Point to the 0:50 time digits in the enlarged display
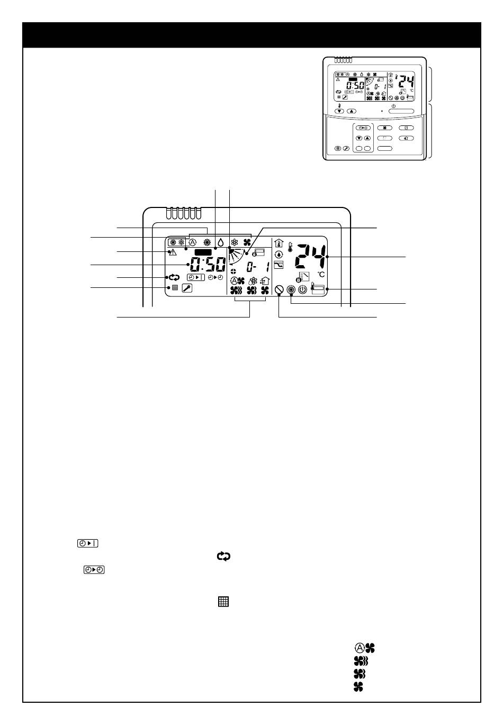(208, 264)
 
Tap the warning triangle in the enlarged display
(173, 252)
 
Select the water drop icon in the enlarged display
(221, 242)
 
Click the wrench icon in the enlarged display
(187, 288)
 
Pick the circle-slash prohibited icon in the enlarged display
(279, 289)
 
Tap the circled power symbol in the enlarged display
(302, 289)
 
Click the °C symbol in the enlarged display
(321, 275)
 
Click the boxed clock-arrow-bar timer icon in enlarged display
(196, 277)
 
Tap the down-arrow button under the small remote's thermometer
(339, 111)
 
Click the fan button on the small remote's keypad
(385, 128)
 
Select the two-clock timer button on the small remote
(363, 128)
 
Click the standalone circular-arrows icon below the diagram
(223, 556)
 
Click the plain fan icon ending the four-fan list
(358, 686)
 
